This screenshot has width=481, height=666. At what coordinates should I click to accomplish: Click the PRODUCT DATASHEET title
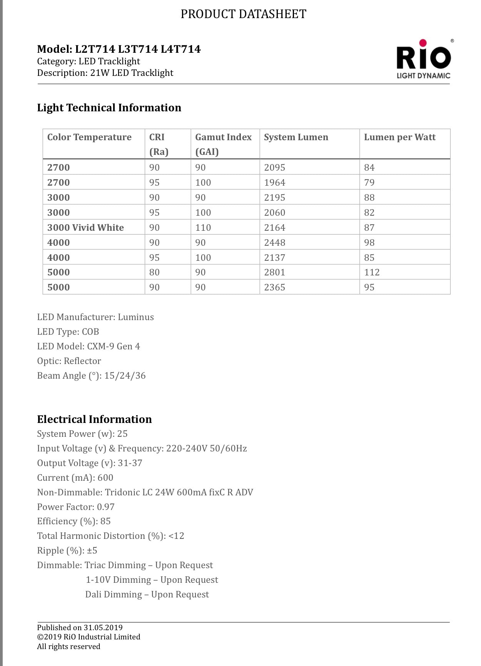point(243,14)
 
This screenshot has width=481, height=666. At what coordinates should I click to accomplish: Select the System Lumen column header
point(296,137)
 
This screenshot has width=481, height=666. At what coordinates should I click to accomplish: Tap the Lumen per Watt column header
point(399,137)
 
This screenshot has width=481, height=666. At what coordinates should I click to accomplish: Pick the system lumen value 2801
point(274,272)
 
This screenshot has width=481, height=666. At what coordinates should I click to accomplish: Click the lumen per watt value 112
point(371,272)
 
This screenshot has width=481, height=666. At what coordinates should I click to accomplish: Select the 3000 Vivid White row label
point(85,228)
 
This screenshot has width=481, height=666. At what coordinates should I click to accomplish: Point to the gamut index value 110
point(203,228)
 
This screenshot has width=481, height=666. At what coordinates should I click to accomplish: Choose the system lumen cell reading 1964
point(274,183)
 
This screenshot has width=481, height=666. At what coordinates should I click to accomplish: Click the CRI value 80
point(154,272)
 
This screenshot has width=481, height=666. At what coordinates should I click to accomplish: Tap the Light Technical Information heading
point(109,108)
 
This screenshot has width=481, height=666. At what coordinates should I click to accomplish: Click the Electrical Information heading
point(94,419)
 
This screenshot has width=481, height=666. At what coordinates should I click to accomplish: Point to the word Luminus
point(136,317)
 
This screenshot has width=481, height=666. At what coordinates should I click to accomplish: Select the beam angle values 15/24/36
point(125,376)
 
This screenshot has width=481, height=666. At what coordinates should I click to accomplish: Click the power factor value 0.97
point(105,507)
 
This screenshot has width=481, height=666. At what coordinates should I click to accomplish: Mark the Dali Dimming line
point(147,594)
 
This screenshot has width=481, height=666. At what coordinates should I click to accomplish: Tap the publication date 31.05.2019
point(103,627)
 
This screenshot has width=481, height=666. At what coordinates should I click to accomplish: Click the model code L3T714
point(138,49)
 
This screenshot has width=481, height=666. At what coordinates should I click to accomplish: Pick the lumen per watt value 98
point(369,243)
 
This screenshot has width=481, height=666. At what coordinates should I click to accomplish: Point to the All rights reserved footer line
point(68,647)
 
